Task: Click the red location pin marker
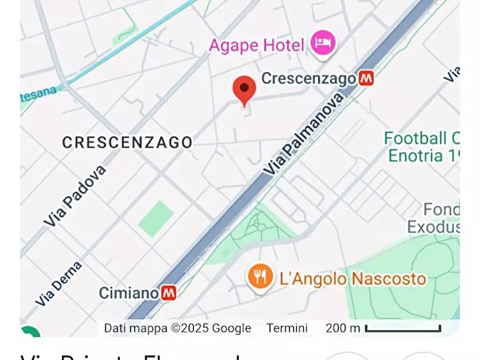pyautogui.click(x=244, y=89)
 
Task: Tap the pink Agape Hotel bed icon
pyautogui.click(x=323, y=42)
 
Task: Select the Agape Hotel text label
pyautogui.click(x=256, y=45)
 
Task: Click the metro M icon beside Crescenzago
pyautogui.click(x=367, y=78)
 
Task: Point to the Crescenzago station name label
pyautogui.click(x=309, y=78)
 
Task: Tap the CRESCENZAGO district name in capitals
pyautogui.click(x=127, y=142)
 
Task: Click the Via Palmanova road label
pyautogui.click(x=303, y=134)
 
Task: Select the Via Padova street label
pyautogui.click(x=74, y=196)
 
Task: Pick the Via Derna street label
pyautogui.click(x=59, y=284)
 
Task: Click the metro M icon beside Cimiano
pyautogui.click(x=169, y=293)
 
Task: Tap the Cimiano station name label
pyautogui.click(x=129, y=293)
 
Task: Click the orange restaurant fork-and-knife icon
pyautogui.click(x=260, y=277)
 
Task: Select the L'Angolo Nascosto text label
pyautogui.click(x=353, y=279)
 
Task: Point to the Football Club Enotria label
pyautogui.click(x=422, y=147)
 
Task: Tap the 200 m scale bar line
pyautogui.click(x=403, y=328)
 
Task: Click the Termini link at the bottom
pyautogui.click(x=287, y=328)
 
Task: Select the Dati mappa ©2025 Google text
pyautogui.click(x=177, y=328)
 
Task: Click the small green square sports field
pyautogui.click(x=156, y=219)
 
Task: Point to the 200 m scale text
pyautogui.click(x=343, y=328)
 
